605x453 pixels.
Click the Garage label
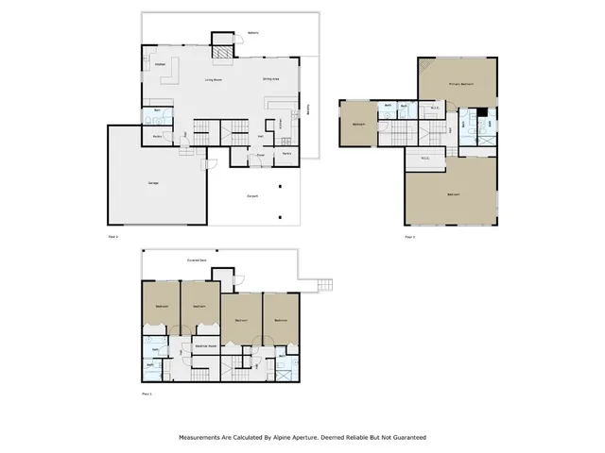click(x=152, y=182)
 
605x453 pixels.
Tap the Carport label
click(x=252, y=196)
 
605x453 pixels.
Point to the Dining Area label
click(x=271, y=80)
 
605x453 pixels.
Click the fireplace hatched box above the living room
click(x=220, y=51)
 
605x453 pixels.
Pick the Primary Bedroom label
click(x=460, y=85)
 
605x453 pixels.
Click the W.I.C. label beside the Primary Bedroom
click(x=436, y=108)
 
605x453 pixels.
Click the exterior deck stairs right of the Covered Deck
click(x=325, y=284)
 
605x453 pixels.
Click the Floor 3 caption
click(x=409, y=238)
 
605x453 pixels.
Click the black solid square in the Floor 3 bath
click(x=481, y=114)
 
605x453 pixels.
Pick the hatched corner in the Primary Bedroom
click(x=425, y=66)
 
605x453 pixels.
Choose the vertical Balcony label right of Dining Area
click(x=310, y=110)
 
